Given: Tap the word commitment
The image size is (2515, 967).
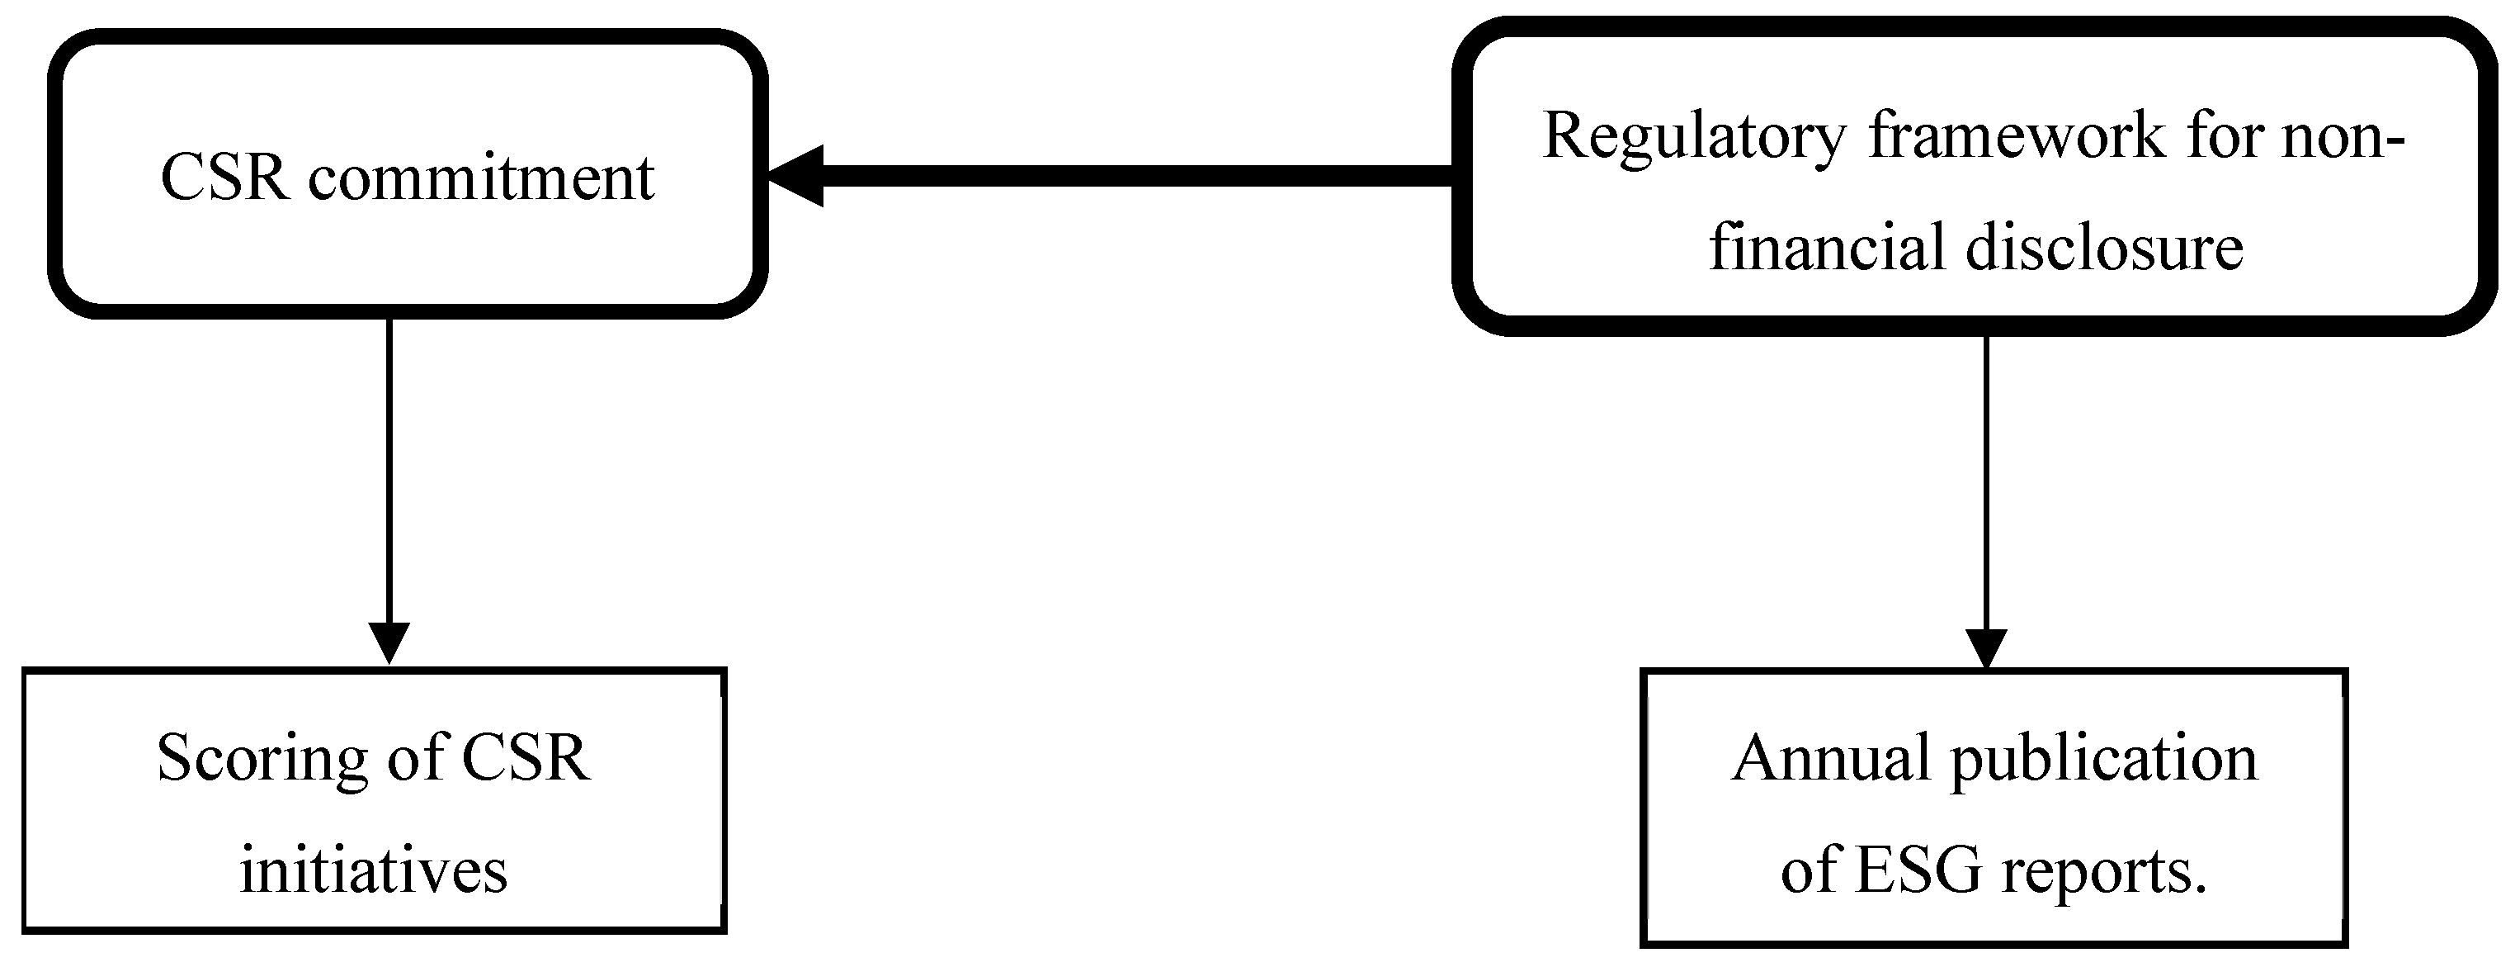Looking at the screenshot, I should point(481,180).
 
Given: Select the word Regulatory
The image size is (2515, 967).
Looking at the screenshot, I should point(1694,137).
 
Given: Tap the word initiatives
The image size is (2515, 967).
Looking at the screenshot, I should point(374,869).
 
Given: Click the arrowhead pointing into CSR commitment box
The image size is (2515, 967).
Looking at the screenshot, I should point(795,176).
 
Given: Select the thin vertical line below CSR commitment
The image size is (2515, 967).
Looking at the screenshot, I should point(389,469).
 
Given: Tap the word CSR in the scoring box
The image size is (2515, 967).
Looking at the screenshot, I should point(526,759).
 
